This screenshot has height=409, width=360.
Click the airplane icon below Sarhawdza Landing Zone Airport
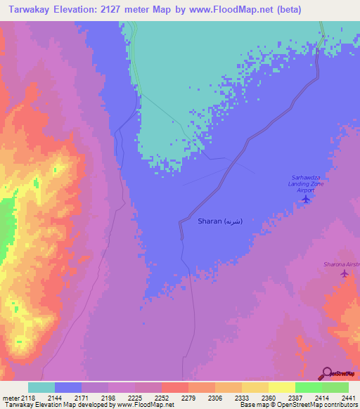[x=305, y=199]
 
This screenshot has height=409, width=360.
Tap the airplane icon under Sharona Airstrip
[x=344, y=273]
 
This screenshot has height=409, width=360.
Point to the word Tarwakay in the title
[x=29, y=10]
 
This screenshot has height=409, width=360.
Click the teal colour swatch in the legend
[x=41, y=387]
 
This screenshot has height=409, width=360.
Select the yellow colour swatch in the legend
[x=281, y=387]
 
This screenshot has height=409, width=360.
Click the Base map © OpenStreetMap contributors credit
[x=297, y=405]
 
